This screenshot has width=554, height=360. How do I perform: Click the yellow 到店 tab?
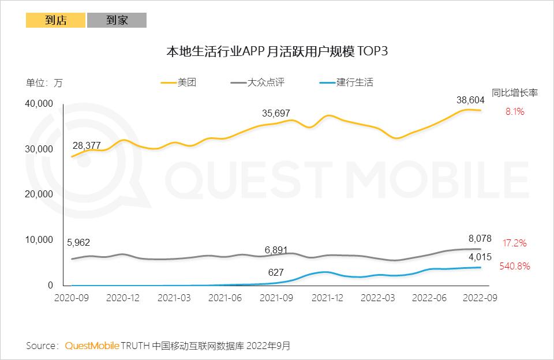pyautogui.click(x=56, y=20)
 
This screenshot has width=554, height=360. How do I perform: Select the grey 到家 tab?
pyautogui.click(x=117, y=20)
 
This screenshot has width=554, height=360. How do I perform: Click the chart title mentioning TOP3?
pyautogui.click(x=276, y=51)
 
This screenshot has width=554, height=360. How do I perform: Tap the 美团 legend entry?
pyautogui.click(x=187, y=82)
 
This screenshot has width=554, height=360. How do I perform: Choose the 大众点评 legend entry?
pyautogui.click(x=265, y=82)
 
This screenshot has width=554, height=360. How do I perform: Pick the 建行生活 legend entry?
pyautogui.click(x=354, y=82)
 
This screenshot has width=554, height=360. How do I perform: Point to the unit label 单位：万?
pyautogui.click(x=44, y=82)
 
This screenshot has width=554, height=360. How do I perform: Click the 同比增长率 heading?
pyautogui.click(x=515, y=92)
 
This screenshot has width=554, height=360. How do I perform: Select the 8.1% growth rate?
pyautogui.click(x=515, y=112)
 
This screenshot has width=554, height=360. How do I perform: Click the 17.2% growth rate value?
pyautogui.click(x=515, y=243)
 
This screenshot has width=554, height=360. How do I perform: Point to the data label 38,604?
pyautogui.click(x=471, y=100)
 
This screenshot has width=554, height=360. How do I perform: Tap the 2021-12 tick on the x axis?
pyautogui.click(x=328, y=298)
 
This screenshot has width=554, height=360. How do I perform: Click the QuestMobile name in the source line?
pyautogui.click(x=92, y=346)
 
